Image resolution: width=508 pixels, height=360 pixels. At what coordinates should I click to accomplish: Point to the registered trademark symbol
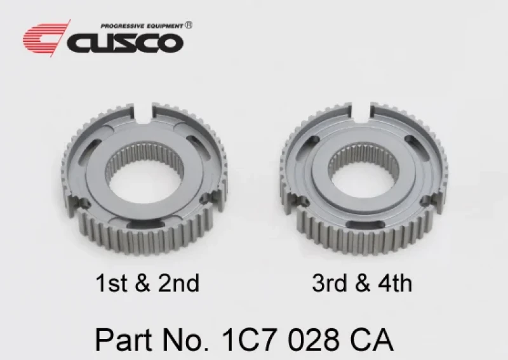click(189, 25)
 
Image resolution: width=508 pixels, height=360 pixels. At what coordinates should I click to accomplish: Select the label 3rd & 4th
click(362, 283)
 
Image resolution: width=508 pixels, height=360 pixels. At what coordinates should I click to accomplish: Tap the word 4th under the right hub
click(396, 283)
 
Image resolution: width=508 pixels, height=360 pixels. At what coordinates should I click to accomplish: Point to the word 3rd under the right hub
click(328, 283)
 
